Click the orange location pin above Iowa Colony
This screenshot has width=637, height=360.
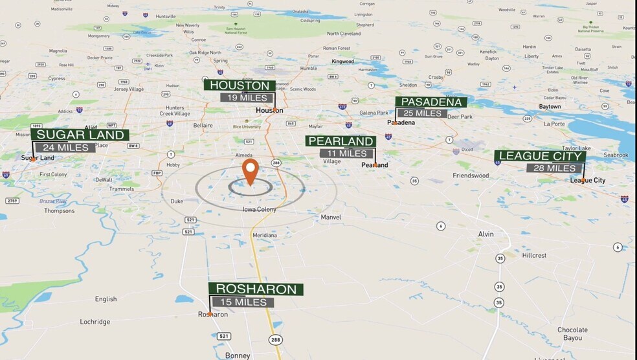[250, 170]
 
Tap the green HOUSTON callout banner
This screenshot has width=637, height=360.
[240, 85]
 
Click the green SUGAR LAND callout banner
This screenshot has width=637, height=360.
[80, 135]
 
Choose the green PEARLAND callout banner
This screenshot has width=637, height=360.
[341, 141]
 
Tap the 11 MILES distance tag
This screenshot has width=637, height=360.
[346, 153]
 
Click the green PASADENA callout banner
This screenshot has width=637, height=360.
[431, 102]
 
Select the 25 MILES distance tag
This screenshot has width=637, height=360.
[422, 113]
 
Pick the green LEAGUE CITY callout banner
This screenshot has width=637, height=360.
[541, 156]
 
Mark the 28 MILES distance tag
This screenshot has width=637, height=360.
[551, 168]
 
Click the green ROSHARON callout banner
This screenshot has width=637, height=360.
[256, 289]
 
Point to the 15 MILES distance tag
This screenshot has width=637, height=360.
[242, 302]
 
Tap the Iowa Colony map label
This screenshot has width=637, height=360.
[259, 209]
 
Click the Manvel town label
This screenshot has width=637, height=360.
[331, 218]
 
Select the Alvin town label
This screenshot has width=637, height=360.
[486, 234]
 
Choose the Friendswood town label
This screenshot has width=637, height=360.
[471, 175]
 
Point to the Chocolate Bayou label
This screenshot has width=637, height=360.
[572, 333]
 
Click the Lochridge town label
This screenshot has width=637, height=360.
[95, 322]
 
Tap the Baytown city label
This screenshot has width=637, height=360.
[550, 107]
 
